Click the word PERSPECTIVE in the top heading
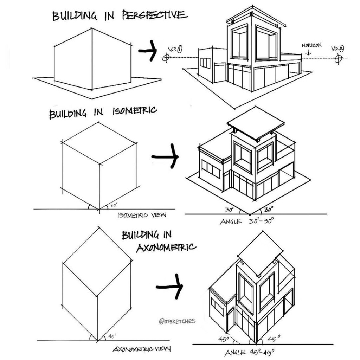point(155,15)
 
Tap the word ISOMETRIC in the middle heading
point(135,111)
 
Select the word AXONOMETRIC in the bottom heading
point(166,248)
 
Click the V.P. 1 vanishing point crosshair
point(166,58)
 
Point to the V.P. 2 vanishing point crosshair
point(338,58)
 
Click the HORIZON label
point(311,45)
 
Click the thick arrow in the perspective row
point(148,51)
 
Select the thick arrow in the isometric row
point(165,156)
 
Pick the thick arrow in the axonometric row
point(169,286)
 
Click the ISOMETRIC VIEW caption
point(142,215)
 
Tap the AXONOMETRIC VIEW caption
point(142,349)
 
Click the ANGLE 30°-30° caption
point(247,221)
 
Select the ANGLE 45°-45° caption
point(249,352)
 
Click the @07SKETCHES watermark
point(177,321)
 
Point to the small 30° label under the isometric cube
point(114,205)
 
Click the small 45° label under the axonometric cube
point(112,336)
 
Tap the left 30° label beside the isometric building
point(229,210)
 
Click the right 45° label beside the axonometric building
point(274,339)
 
